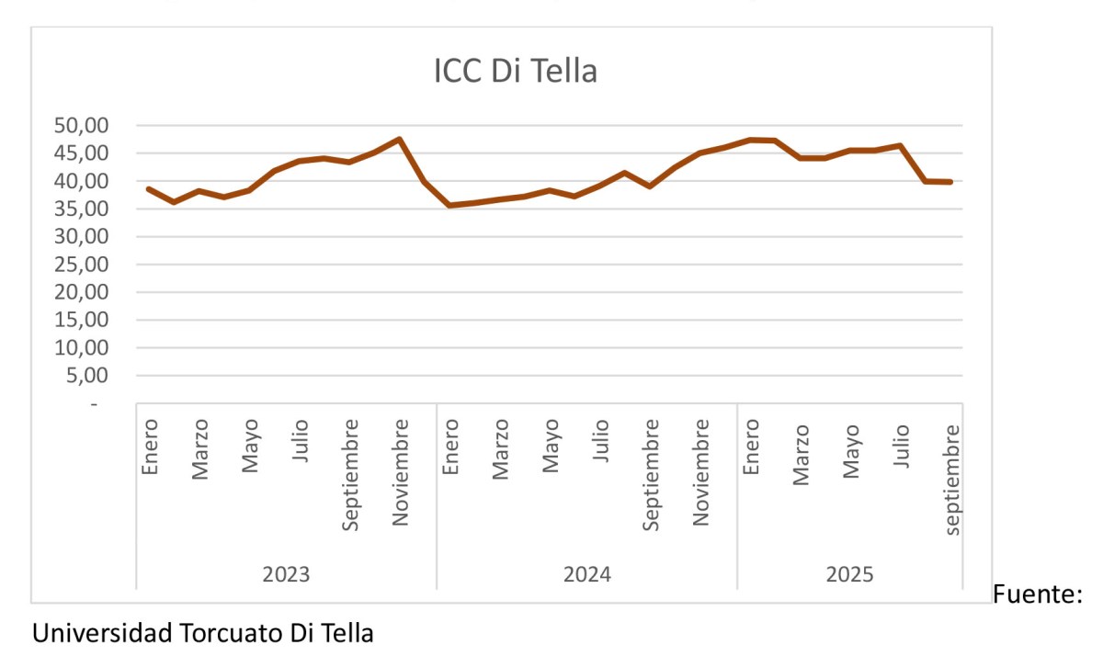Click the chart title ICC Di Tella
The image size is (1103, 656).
click(516, 71)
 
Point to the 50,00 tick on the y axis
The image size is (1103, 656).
click(82, 125)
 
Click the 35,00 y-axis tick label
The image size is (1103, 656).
click(82, 209)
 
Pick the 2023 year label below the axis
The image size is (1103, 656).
click(286, 575)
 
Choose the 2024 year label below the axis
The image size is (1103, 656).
click(587, 575)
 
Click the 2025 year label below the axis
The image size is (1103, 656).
click(850, 575)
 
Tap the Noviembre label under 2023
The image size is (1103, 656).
click(401, 472)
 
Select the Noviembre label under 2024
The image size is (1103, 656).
click(701, 472)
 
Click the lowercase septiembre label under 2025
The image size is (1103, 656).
click(952, 479)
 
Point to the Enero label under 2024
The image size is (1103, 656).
click(451, 448)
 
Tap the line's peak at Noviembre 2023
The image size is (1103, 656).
click(400, 139)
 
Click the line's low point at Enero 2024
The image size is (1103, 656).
click(449, 205)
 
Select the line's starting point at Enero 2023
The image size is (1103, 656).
click(149, 188)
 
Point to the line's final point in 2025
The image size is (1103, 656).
click(950, 182)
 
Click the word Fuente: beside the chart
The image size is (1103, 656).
click(1038, 595)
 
